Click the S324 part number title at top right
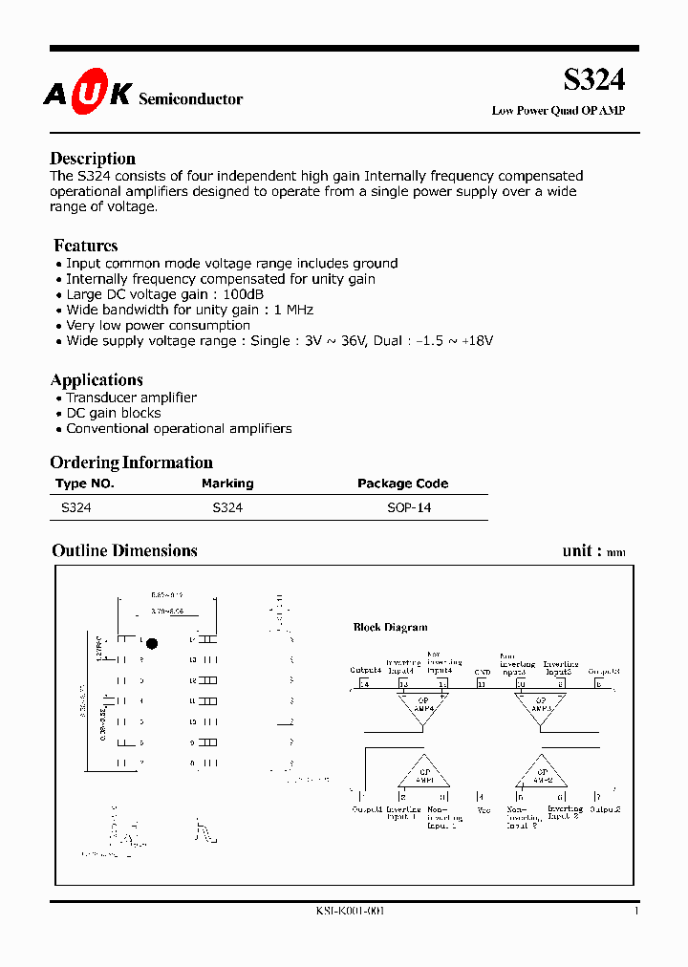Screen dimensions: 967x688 (x=593, y=79)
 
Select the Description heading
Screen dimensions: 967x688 (x=93, y=159)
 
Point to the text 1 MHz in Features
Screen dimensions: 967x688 (x=293, y=310)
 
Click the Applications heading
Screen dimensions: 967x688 (x=97, y=379)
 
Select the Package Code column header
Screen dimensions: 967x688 (x=402, y=483)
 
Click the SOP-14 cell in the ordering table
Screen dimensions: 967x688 (x=409, y=508)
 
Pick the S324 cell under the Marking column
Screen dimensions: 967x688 (x=227, y=508)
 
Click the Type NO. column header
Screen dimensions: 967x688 (x=85, y=483)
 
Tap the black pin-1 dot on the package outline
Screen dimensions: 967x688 (x=151, y=644)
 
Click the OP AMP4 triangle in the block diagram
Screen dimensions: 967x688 (x=422, y=708)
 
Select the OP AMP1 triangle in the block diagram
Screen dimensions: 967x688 (x=422, y=771)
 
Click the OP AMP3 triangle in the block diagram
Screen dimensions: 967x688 (x=541, y=708)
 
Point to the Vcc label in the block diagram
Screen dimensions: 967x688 (x=483, y=810)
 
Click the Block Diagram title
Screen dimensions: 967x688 (x=390, y=628)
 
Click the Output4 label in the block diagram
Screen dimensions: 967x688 (x=365, y=671)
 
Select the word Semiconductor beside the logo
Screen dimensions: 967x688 (x=191, y=99)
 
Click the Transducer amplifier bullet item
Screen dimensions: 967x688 (x=131, y=398)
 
